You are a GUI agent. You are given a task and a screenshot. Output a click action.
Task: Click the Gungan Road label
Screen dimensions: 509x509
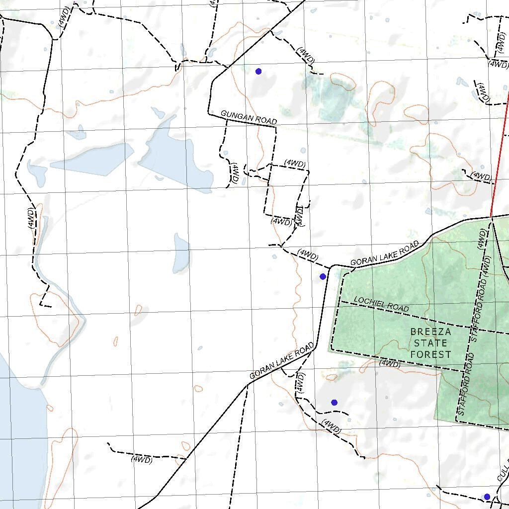point(248,118)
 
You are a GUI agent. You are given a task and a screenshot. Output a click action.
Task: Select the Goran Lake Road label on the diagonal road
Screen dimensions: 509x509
point(281,360)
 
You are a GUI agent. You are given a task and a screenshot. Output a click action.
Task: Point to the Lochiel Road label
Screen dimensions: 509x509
point(381,304)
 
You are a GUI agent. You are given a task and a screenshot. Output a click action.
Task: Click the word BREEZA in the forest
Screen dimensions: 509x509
point(430,332)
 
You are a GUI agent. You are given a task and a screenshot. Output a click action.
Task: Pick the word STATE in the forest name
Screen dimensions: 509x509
point(430,343)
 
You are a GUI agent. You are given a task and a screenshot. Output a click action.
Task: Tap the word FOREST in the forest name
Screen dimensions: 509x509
point(430,354)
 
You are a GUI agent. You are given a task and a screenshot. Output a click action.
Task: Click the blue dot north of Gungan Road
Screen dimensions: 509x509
point(258,72)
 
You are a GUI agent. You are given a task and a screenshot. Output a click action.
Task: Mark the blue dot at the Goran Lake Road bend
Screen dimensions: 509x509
point(323,276)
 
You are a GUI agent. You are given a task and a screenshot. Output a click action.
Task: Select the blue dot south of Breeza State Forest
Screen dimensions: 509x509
point(334,402)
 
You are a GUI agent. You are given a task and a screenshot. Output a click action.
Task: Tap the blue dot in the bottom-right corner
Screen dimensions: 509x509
point(487,497)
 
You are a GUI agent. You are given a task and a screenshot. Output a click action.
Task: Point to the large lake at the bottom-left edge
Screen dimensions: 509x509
point(20,437)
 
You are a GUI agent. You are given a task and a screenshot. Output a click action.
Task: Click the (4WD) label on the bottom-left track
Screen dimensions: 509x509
point(141,460)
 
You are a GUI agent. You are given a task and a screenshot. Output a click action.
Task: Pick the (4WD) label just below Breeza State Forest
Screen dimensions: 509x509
point(390,364)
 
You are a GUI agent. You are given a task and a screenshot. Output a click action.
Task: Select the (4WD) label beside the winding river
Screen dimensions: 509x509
point(32,219)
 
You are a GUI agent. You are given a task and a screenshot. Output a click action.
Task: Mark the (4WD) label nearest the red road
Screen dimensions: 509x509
point(481,176)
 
